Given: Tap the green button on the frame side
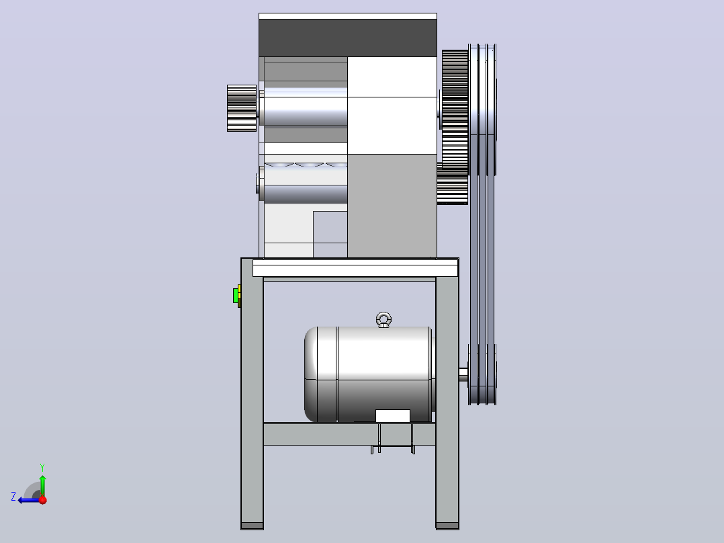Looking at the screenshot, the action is pyautogui.click(x=236, y=296).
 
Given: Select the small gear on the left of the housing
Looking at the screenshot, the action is pyautogui.click(x=242, y=108).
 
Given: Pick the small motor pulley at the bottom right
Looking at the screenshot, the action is pyautogui.click(x=482, y=374).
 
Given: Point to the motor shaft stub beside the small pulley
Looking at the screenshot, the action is pyautogui.click(x=463, y=374).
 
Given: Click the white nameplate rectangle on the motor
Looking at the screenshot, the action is pyautogui.click(x=392, y=415).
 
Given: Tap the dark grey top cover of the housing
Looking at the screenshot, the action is pyautogui.click(x=348, y=38).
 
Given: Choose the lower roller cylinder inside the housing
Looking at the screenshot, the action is pyautogui.click(x=306, y=194).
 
